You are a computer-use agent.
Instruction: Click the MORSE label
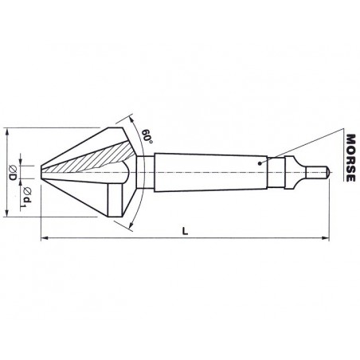click(350, 158)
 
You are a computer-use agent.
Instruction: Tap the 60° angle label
click(147, 136)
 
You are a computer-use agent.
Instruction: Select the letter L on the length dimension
click(185, 231)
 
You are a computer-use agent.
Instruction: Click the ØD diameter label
click(13, 172)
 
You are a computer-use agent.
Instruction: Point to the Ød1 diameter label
click(27, 197)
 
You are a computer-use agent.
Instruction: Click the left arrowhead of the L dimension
click(45, 238)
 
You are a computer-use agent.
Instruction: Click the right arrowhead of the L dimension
click(325, 238)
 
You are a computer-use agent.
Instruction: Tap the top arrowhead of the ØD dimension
click(7, 131)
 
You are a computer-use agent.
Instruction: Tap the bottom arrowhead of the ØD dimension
click(7, 213)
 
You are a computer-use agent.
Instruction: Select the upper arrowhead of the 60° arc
click(131, 119)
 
